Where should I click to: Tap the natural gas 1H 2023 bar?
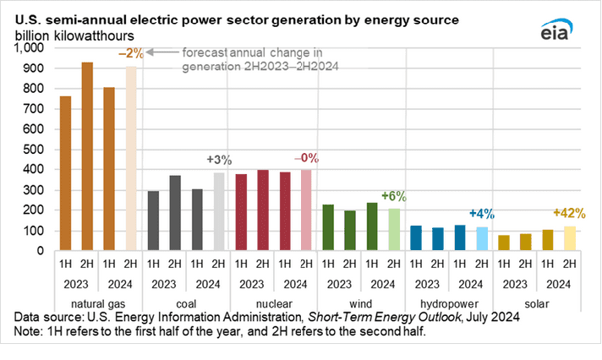point(65,174)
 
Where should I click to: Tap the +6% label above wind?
point(393,197)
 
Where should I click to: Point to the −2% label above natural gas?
point(132,52)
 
